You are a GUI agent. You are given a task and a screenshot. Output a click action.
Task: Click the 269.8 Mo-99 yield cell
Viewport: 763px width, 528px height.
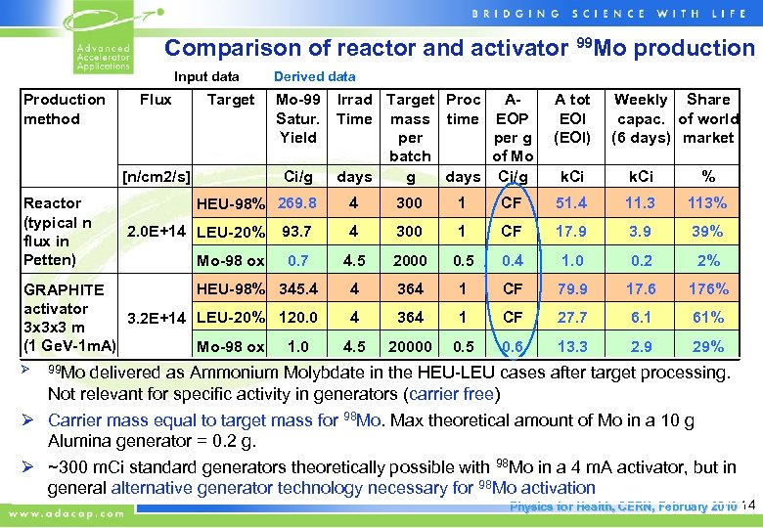[297, 203]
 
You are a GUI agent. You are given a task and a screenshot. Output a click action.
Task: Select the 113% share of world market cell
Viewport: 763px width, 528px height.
[707, 203]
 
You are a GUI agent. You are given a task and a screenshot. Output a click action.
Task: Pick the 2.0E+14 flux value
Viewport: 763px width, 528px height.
[159, 232]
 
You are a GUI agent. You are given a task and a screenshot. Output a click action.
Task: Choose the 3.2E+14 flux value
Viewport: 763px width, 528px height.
[159, 318]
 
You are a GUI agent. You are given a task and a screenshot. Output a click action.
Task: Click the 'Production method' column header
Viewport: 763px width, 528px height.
[65, 110]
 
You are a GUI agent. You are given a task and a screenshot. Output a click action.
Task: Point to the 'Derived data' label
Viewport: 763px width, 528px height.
[314, 76]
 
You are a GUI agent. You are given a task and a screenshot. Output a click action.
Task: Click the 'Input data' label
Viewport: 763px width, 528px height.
[206, 76]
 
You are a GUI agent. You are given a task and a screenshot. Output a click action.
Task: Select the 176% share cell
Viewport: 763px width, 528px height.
[707, 289]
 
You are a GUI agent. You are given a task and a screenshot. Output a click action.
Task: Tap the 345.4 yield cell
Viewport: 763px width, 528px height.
[297, 289]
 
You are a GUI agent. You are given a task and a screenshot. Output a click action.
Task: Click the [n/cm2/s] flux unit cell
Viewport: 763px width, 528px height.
[156, 177]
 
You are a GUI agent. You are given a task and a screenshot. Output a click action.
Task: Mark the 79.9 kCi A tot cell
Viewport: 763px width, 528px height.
[572, 289]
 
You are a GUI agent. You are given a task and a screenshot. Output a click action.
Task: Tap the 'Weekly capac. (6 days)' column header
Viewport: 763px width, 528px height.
[641, 118]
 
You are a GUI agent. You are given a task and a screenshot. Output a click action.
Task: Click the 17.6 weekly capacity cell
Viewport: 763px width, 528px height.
[640, 289]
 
